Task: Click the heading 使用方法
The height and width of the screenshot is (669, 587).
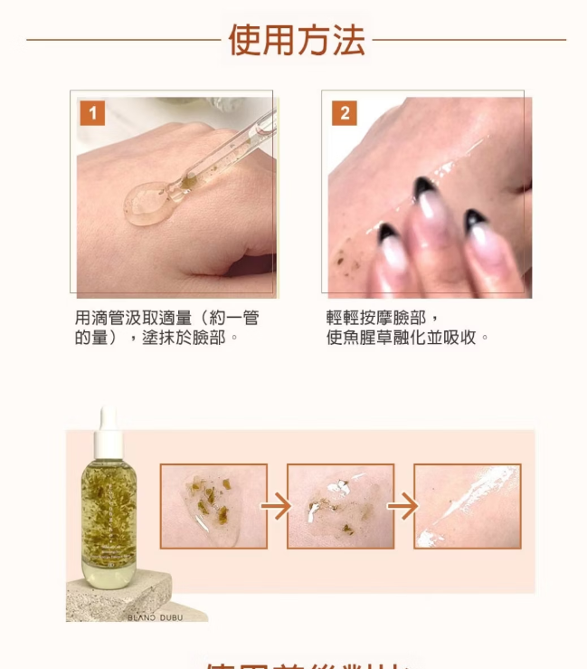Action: click(x=296, y=41)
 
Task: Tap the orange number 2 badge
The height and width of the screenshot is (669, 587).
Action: click(x=344, y=113)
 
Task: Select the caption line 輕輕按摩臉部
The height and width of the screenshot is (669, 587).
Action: click(x=383, y=318)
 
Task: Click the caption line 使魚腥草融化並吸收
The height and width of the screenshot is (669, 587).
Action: click(x=407, y=338)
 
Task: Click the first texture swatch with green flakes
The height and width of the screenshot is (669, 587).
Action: click(x=213, y=506)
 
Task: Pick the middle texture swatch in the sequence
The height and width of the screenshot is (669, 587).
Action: click(x=340, y=506)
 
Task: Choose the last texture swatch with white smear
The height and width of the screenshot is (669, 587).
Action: click(x=467, y=506)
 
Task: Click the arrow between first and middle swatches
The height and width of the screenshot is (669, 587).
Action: click(x=277, y=506)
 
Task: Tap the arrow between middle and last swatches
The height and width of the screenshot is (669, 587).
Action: click(x=403, y=506)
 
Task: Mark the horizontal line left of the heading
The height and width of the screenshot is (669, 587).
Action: click(x=123, y=40)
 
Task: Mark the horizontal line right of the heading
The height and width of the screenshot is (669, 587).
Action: click(x=469, y=40)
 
